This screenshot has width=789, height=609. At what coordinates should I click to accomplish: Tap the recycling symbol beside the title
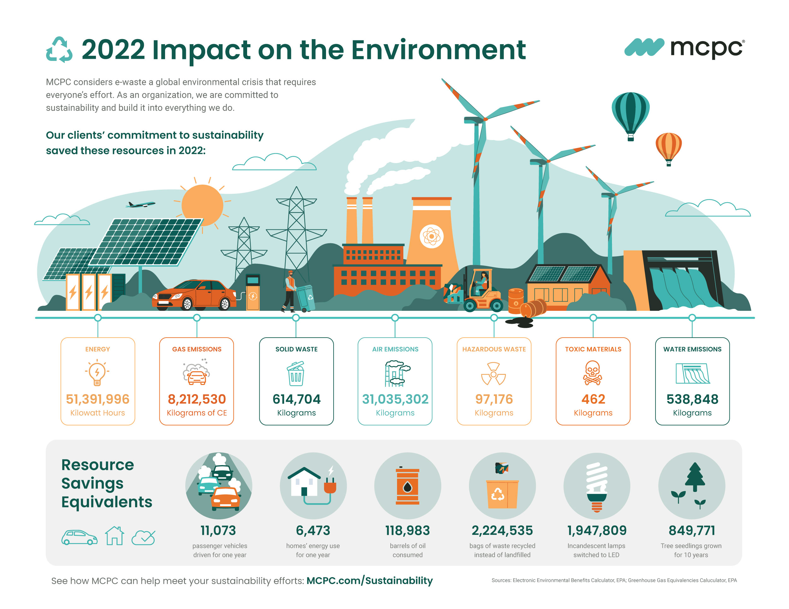[x=59, y=50]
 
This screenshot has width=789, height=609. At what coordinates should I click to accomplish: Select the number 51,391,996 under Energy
[x=98, y=399]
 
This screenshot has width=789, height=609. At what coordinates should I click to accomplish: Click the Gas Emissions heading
[x=197, y=349]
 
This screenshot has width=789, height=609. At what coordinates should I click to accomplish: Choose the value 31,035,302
[x=395, y=399]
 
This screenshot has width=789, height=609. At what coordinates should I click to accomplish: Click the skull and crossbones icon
[x=593, y=373]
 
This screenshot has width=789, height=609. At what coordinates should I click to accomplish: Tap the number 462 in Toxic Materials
[x=593, y=399]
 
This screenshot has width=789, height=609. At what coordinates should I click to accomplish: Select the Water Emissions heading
[x=692, y=349]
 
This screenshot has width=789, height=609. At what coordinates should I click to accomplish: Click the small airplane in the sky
[x=140, y=204]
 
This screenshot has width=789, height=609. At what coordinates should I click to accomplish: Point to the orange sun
[x=202, y=205]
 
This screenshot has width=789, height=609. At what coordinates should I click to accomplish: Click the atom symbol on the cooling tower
[x=431, y=236]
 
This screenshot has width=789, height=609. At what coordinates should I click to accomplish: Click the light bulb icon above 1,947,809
[x=597, y=487]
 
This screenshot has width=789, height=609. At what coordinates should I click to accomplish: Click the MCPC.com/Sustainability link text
[x=370, y=581]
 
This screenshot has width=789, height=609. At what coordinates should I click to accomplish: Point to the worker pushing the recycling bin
[x=290, y=291]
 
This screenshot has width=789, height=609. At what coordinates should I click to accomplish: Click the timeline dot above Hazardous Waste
[x=494, y=318]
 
